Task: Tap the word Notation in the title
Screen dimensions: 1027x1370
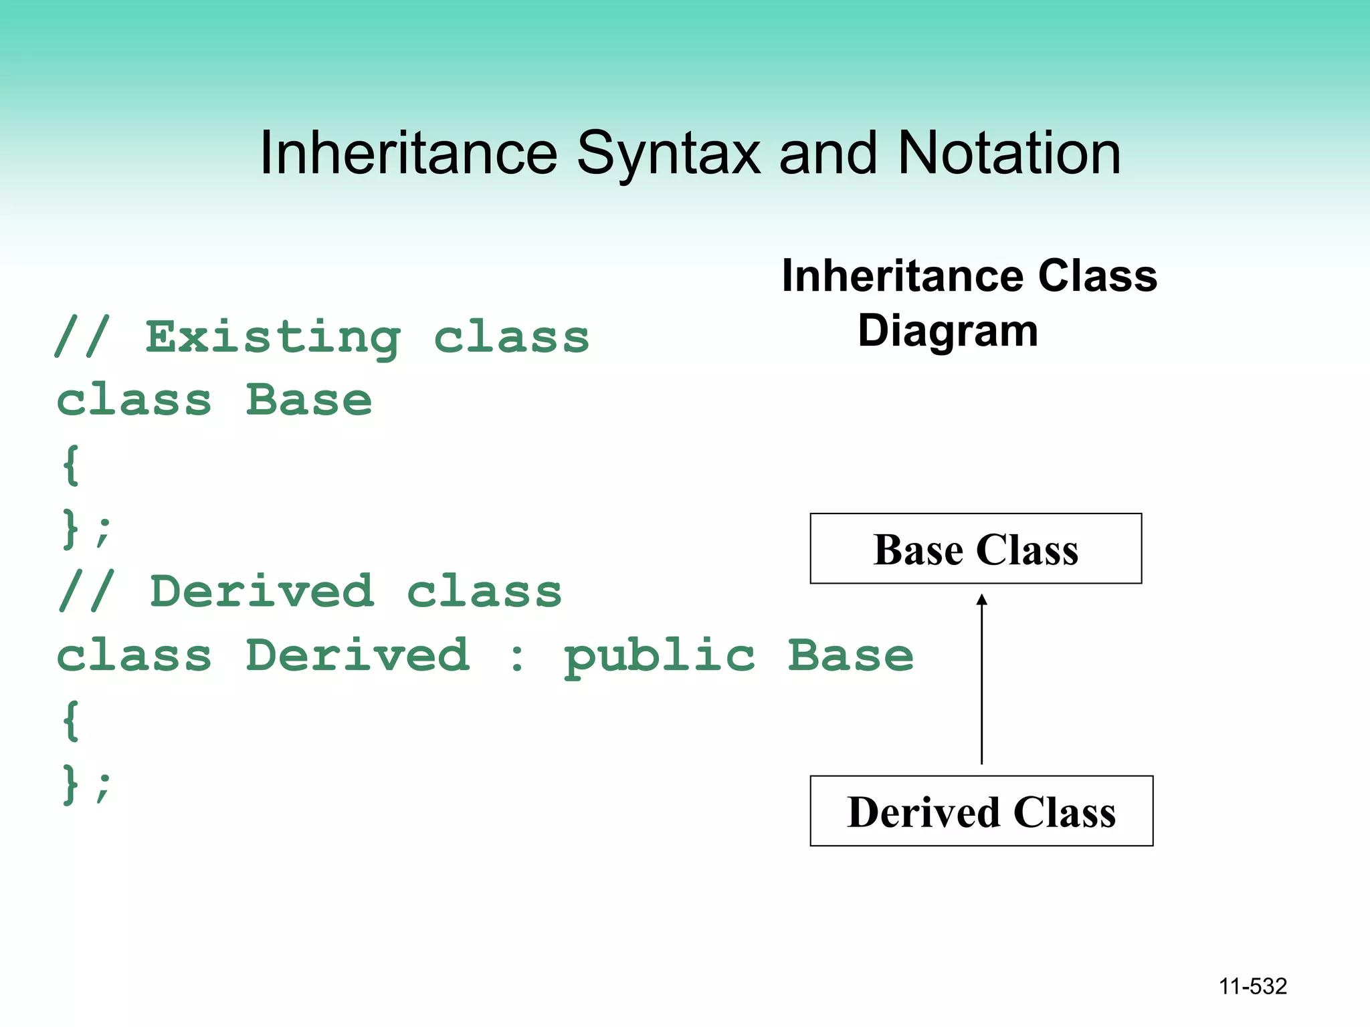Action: click(x=1009, y=154)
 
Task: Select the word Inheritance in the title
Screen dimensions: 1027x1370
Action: click(x=408, y=154)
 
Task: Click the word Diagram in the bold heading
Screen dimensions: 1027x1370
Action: click(x=947, y=331)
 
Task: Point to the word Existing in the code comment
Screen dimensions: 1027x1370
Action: click(x=273, y=338)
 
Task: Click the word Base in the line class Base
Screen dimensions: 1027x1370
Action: click(x=308, y=401)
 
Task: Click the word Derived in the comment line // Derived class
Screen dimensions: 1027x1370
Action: click(x=262, y=592)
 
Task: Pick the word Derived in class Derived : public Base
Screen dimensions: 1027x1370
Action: click(x=357, y=655)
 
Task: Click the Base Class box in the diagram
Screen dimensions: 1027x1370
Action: click(x=975, y=549)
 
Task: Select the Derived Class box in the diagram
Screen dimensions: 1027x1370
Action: click(x=981, y=811)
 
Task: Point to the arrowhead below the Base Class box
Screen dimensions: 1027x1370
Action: click(x=981, y=599)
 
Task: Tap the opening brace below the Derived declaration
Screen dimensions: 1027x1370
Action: click(x=71, y=720)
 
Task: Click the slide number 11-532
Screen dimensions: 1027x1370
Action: click(x=1252, y=986)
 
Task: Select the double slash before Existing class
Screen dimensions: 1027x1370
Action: click(x=82, y=338)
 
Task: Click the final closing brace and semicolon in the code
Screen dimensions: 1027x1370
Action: click(x=86, y=784)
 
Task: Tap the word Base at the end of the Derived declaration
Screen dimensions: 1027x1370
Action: click(x=850, y=655)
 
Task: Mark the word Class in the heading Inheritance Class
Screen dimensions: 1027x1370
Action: click(x=1097, y=275)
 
